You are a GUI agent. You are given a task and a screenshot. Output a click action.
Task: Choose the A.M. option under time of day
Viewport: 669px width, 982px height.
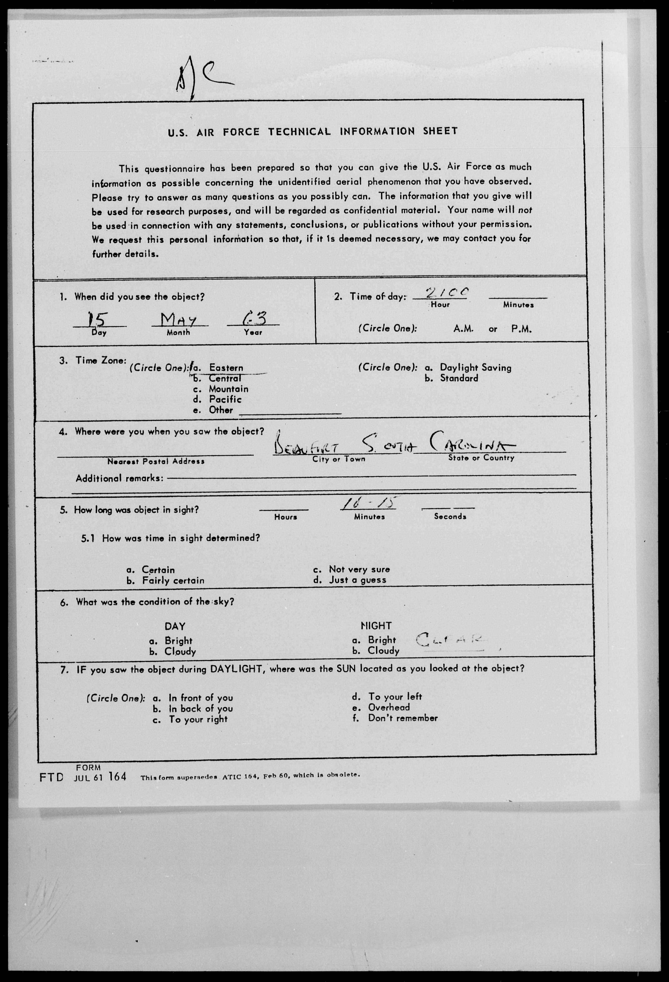[x=463, y=329]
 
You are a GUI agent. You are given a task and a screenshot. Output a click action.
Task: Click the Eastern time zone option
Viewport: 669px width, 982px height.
[x=226, y=368]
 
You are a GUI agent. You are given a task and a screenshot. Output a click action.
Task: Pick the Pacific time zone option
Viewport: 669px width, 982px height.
[x=225, y=399]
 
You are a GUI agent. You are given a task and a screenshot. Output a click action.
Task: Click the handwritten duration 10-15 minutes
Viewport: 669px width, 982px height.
[x=369, y=504]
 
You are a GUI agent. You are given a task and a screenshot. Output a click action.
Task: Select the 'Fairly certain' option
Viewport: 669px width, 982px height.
[x=173, y=581]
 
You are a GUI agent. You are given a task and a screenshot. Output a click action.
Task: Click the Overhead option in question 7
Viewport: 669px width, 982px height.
[x=388, y=707]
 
